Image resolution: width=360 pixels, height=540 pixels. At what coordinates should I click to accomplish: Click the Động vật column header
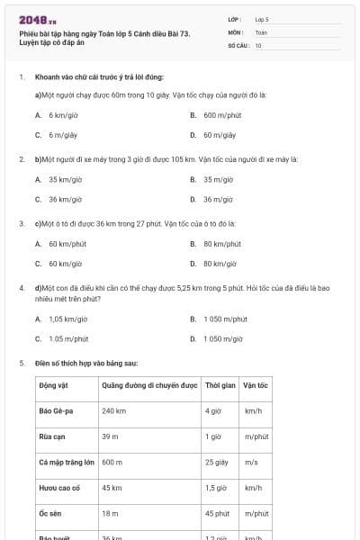tap(55, 385)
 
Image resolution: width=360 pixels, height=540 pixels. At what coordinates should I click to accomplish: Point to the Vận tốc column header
tap(256, 385)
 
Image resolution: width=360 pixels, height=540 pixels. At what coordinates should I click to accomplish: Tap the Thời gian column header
tap(220, 385)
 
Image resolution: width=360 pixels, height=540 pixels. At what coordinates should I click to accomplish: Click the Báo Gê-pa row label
tap(57, 410)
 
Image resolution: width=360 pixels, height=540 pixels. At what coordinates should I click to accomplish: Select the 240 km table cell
tap(113, 410)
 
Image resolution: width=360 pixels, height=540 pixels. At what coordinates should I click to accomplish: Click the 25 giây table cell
tap(215, 462)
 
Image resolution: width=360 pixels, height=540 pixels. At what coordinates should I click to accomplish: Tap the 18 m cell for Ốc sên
tap(110, 513)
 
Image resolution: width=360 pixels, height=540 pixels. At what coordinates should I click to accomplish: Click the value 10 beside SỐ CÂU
tap(258, 44)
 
